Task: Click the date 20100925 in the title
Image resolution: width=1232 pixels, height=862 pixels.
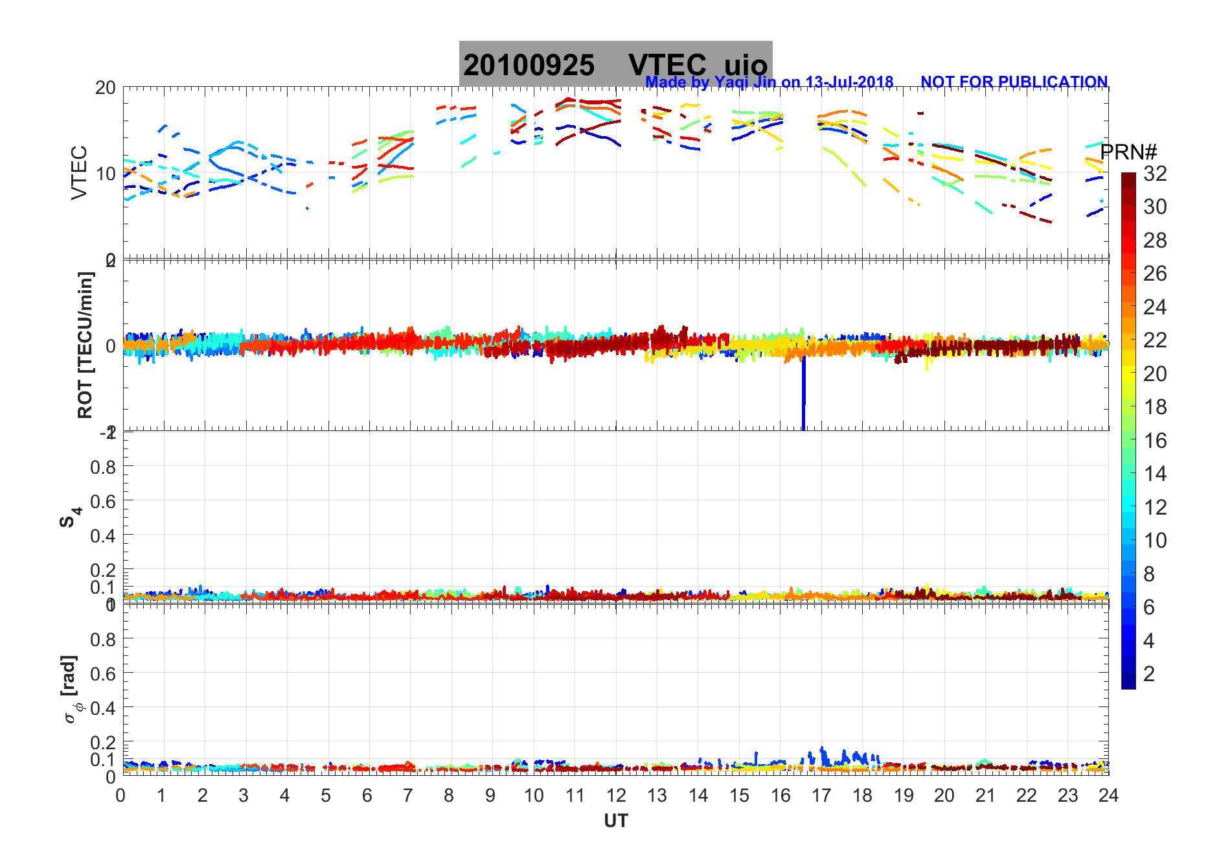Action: [x=529, y=65]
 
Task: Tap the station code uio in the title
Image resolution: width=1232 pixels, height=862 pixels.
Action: [x=746, y=65]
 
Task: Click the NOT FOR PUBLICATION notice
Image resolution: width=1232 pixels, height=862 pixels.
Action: [x=1014, y=82]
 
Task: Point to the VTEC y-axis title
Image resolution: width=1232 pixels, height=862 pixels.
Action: [x=79, y=172]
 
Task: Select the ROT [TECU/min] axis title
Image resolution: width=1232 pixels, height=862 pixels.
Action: [x=85, y=345]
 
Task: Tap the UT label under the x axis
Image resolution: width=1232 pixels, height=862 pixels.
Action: [x=615, y=821]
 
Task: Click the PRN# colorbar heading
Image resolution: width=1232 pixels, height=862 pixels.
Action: [x=1128, y=152]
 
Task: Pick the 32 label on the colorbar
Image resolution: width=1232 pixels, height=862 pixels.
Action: [x=1155, y=173]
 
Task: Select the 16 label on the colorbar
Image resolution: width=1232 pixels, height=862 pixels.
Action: [x=1155, y=441]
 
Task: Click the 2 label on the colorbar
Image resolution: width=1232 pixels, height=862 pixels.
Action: [x=1149, y=674]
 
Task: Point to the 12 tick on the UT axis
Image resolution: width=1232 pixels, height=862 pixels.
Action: [x=616, y=795]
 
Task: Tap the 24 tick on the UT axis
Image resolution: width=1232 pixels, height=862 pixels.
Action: [x=1108, y=795]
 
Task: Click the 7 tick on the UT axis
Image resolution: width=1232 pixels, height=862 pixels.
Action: [x=408, y=795]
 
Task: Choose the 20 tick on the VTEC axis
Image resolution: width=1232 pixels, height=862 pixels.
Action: [x=105, y=88]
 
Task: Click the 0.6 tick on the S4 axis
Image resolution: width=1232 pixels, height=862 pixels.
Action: [x=102, y=501]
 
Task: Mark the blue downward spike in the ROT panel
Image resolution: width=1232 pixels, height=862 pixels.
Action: [x=804, y=395]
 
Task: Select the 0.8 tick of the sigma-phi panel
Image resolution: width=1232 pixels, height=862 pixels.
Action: [x=102, y=639]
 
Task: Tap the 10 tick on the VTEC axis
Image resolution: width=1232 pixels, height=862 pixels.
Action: [x=105, y=174]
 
